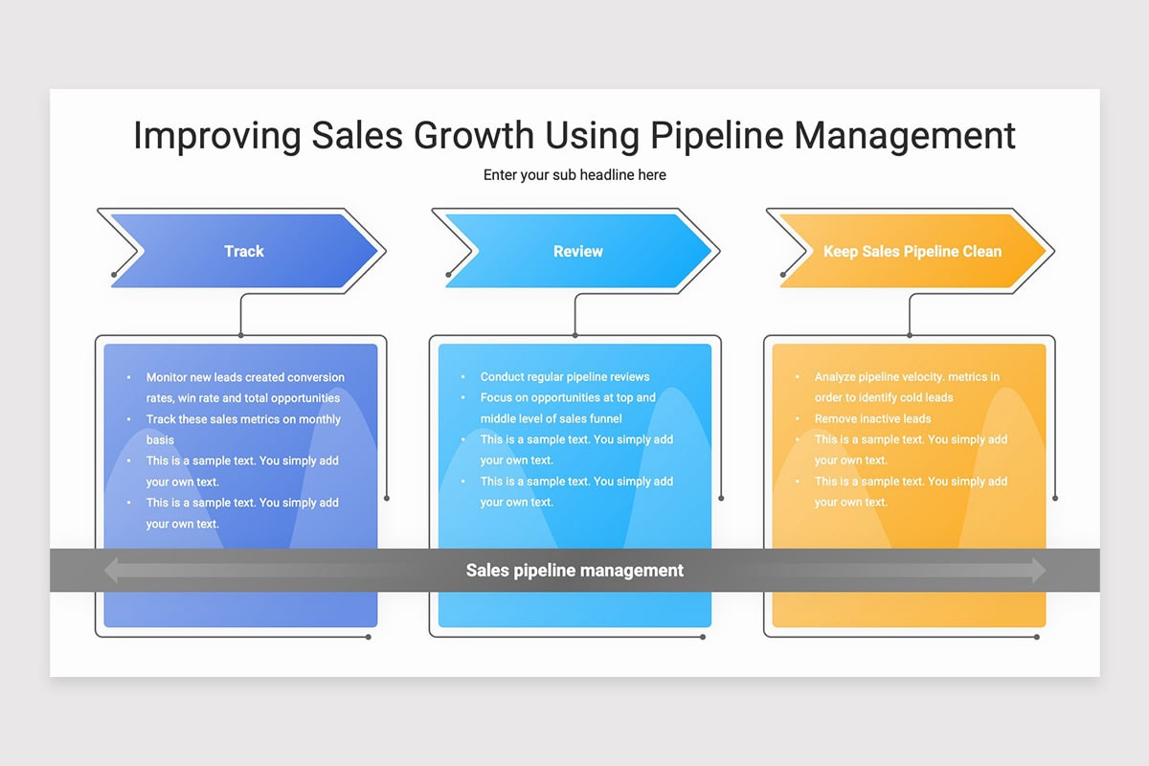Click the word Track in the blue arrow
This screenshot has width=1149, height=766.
(243, 251)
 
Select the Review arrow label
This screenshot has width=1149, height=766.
(578, 251)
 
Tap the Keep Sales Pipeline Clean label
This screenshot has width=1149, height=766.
(912, 251)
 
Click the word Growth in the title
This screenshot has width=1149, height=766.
(474, 135)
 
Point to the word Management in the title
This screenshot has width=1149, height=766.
(905, 137)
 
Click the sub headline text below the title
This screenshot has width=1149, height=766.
(574, 175)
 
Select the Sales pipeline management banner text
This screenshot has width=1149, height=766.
(574, 570)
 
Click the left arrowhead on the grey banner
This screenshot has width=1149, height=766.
(112, 570)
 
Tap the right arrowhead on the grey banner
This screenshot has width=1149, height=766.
(1039, 570)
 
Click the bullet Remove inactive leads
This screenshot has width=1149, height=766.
(872, 418)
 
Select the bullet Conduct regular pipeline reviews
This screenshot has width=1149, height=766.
(565, 376)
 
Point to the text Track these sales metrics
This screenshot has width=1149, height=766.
(220, 419)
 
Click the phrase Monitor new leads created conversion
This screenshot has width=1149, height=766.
(245, 377)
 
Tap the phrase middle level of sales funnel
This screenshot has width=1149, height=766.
(551, 418)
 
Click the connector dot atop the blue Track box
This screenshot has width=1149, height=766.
(240, 335)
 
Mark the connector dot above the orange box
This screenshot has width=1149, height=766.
(910, 335)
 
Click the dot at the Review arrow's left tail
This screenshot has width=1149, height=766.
(448, 275)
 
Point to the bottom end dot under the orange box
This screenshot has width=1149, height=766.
(1037, 638)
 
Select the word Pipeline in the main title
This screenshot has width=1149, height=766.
(717, 137)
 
